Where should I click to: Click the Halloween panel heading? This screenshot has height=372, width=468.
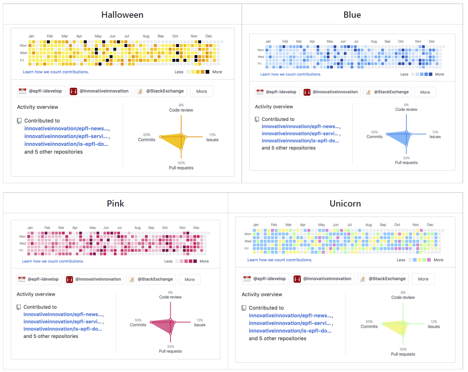(x=122, y=15)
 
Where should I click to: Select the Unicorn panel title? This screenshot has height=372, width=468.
(x=345, y=204)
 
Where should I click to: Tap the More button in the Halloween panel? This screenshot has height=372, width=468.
(x=201, y=91)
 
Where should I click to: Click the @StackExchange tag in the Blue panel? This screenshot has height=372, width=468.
(x=387, y=92)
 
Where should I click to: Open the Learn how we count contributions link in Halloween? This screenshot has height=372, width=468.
(x=56, y=72)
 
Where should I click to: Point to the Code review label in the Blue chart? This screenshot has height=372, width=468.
(x=406, y=109)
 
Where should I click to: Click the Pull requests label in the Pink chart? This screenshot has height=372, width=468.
(x=170, y=351)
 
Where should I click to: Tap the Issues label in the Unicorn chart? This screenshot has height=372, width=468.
(x=434, y=326)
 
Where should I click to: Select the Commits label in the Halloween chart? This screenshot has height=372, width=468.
(x=147, y=140)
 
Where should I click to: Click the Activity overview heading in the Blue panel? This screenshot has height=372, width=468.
(x=274, y=107)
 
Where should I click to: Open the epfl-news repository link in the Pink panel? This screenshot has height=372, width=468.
(x=63, y=314)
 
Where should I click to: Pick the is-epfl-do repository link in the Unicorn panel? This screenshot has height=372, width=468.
(x=290, y=331)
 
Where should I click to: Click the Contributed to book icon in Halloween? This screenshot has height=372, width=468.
(x=19, y=121)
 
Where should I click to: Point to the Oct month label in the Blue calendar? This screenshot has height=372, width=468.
(x=401, y=41)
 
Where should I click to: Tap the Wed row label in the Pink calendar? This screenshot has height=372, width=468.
(x=23, y=244)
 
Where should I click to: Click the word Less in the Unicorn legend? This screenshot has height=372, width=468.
(x=401, y=260)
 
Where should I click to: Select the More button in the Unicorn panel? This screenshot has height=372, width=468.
(x=423, y=279)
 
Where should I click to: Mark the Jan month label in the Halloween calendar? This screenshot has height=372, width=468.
(x=31, y=36)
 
